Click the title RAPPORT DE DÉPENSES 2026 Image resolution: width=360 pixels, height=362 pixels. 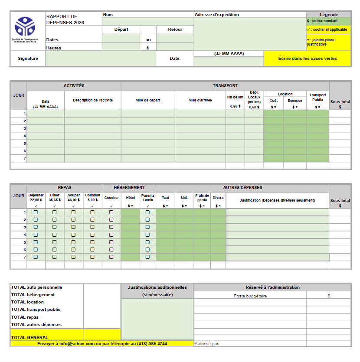click(65, 20)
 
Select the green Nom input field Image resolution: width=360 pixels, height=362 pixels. click(147, 22)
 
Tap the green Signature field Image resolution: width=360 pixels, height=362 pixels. click(100, 59)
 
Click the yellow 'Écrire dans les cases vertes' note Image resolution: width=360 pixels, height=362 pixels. click(307, 59)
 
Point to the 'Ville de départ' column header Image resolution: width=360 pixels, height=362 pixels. click(147, 100)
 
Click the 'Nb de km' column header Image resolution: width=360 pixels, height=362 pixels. click(235, 97)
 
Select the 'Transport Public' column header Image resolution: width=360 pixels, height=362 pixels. click(317, 97)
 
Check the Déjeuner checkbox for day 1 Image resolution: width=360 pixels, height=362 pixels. click(36, 212)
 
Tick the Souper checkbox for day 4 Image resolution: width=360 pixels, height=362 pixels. click(73, 235)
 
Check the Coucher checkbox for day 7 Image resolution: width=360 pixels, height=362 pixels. click(111, 257)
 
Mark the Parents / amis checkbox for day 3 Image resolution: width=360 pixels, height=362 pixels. click(147, 227)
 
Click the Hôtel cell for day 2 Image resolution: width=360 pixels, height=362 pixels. click(130, 220)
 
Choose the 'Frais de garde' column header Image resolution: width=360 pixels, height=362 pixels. click(202, 197)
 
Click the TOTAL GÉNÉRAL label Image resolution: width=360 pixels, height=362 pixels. click(29, 337)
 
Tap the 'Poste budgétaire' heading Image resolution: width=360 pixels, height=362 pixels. click(250, 296)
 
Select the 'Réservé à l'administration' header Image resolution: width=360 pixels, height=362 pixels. click(272, 287)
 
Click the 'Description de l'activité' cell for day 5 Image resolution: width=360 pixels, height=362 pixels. click(92, 143)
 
